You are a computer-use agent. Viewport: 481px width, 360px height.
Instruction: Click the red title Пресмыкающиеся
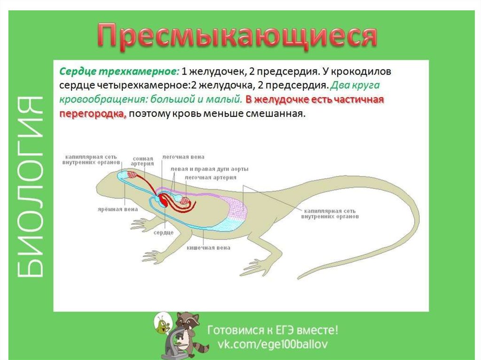click(x=237, y=37)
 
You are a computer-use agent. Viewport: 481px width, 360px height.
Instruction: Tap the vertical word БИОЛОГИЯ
click(x=30, y=187)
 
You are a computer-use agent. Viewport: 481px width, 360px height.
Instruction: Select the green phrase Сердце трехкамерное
click(x=119, y=71)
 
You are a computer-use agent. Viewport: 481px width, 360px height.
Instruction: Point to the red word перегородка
click(x=93, y=114)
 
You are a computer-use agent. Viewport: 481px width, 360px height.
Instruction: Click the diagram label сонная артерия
click(x=143, y=161)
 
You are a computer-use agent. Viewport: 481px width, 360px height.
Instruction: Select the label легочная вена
click(x=183, y=157)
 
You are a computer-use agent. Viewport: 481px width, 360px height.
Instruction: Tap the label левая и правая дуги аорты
click(x=209, y=169)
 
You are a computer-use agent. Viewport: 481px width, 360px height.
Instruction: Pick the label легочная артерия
click(x=210, y=177)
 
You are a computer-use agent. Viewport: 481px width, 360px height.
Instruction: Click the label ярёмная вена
click(x=117, y=209)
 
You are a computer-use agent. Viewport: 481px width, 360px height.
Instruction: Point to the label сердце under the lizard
click(x=163, y=233)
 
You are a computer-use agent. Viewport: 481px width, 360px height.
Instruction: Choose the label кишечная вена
click(x=208, y=248)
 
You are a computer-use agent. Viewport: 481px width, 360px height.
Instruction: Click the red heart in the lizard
click(x=162, y=200)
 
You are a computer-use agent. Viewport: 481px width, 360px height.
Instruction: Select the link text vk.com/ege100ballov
click(x=272, y=344)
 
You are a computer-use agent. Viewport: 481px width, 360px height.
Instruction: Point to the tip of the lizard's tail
click(x=298, y=278)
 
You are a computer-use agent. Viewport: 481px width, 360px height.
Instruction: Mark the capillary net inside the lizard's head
click(x=133, y=175)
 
